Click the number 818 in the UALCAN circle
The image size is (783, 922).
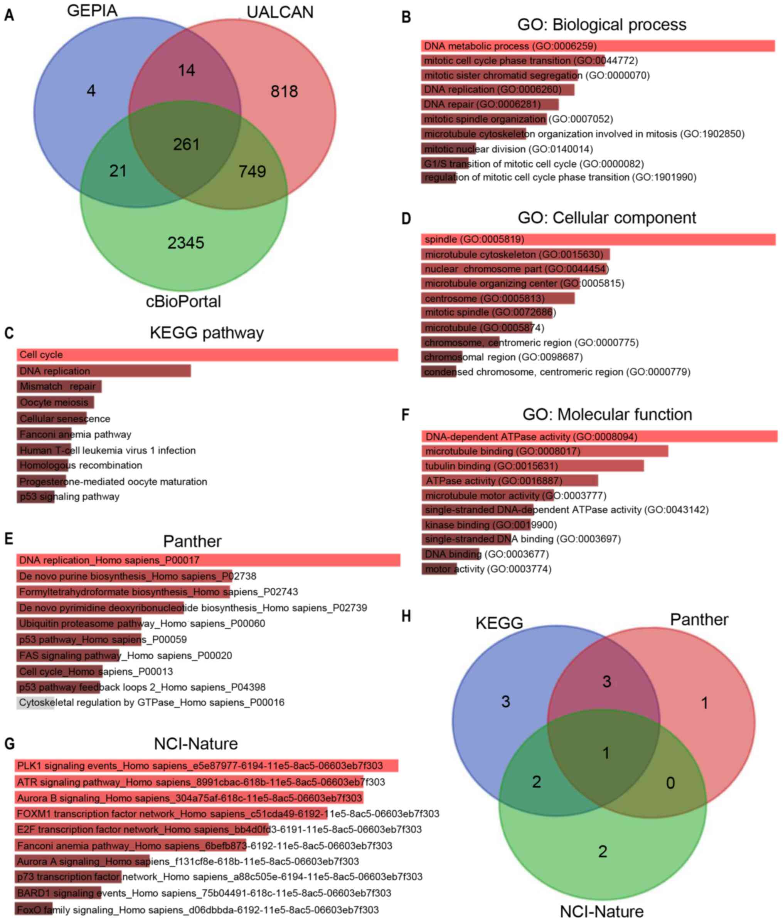point(284,91)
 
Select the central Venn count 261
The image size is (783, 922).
point(187,144)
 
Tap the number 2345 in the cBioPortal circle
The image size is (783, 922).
point(185,243)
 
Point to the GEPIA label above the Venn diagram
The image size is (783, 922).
point(92,11)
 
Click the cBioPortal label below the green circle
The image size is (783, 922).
point(184,302)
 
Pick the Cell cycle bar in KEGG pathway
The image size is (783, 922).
point(207,355)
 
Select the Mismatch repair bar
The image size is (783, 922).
point(59,386)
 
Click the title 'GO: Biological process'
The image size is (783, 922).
point(601,24)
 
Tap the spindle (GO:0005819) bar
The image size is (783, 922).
point(598,240)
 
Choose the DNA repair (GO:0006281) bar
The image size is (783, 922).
point(490,104)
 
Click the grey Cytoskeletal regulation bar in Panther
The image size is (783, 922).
point(35,702)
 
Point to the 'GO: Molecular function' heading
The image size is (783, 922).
point(607,414)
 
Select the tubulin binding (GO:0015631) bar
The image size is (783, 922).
point(532,466)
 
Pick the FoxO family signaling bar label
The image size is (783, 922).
point(197,910)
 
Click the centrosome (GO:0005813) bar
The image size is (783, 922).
point(498,298)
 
